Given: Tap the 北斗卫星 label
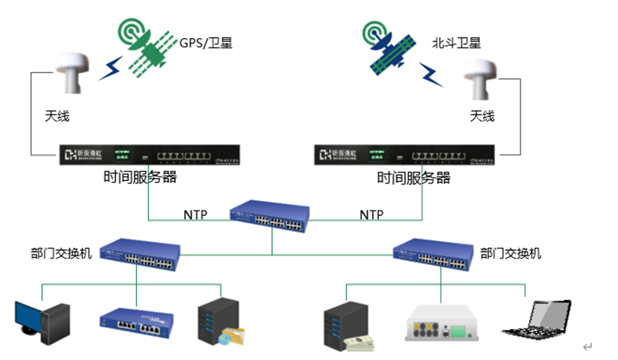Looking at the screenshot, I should (x=457, y=42).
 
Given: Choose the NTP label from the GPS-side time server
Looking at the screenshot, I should (x=195, y=214).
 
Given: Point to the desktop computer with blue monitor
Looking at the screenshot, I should (x=44, y=321).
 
